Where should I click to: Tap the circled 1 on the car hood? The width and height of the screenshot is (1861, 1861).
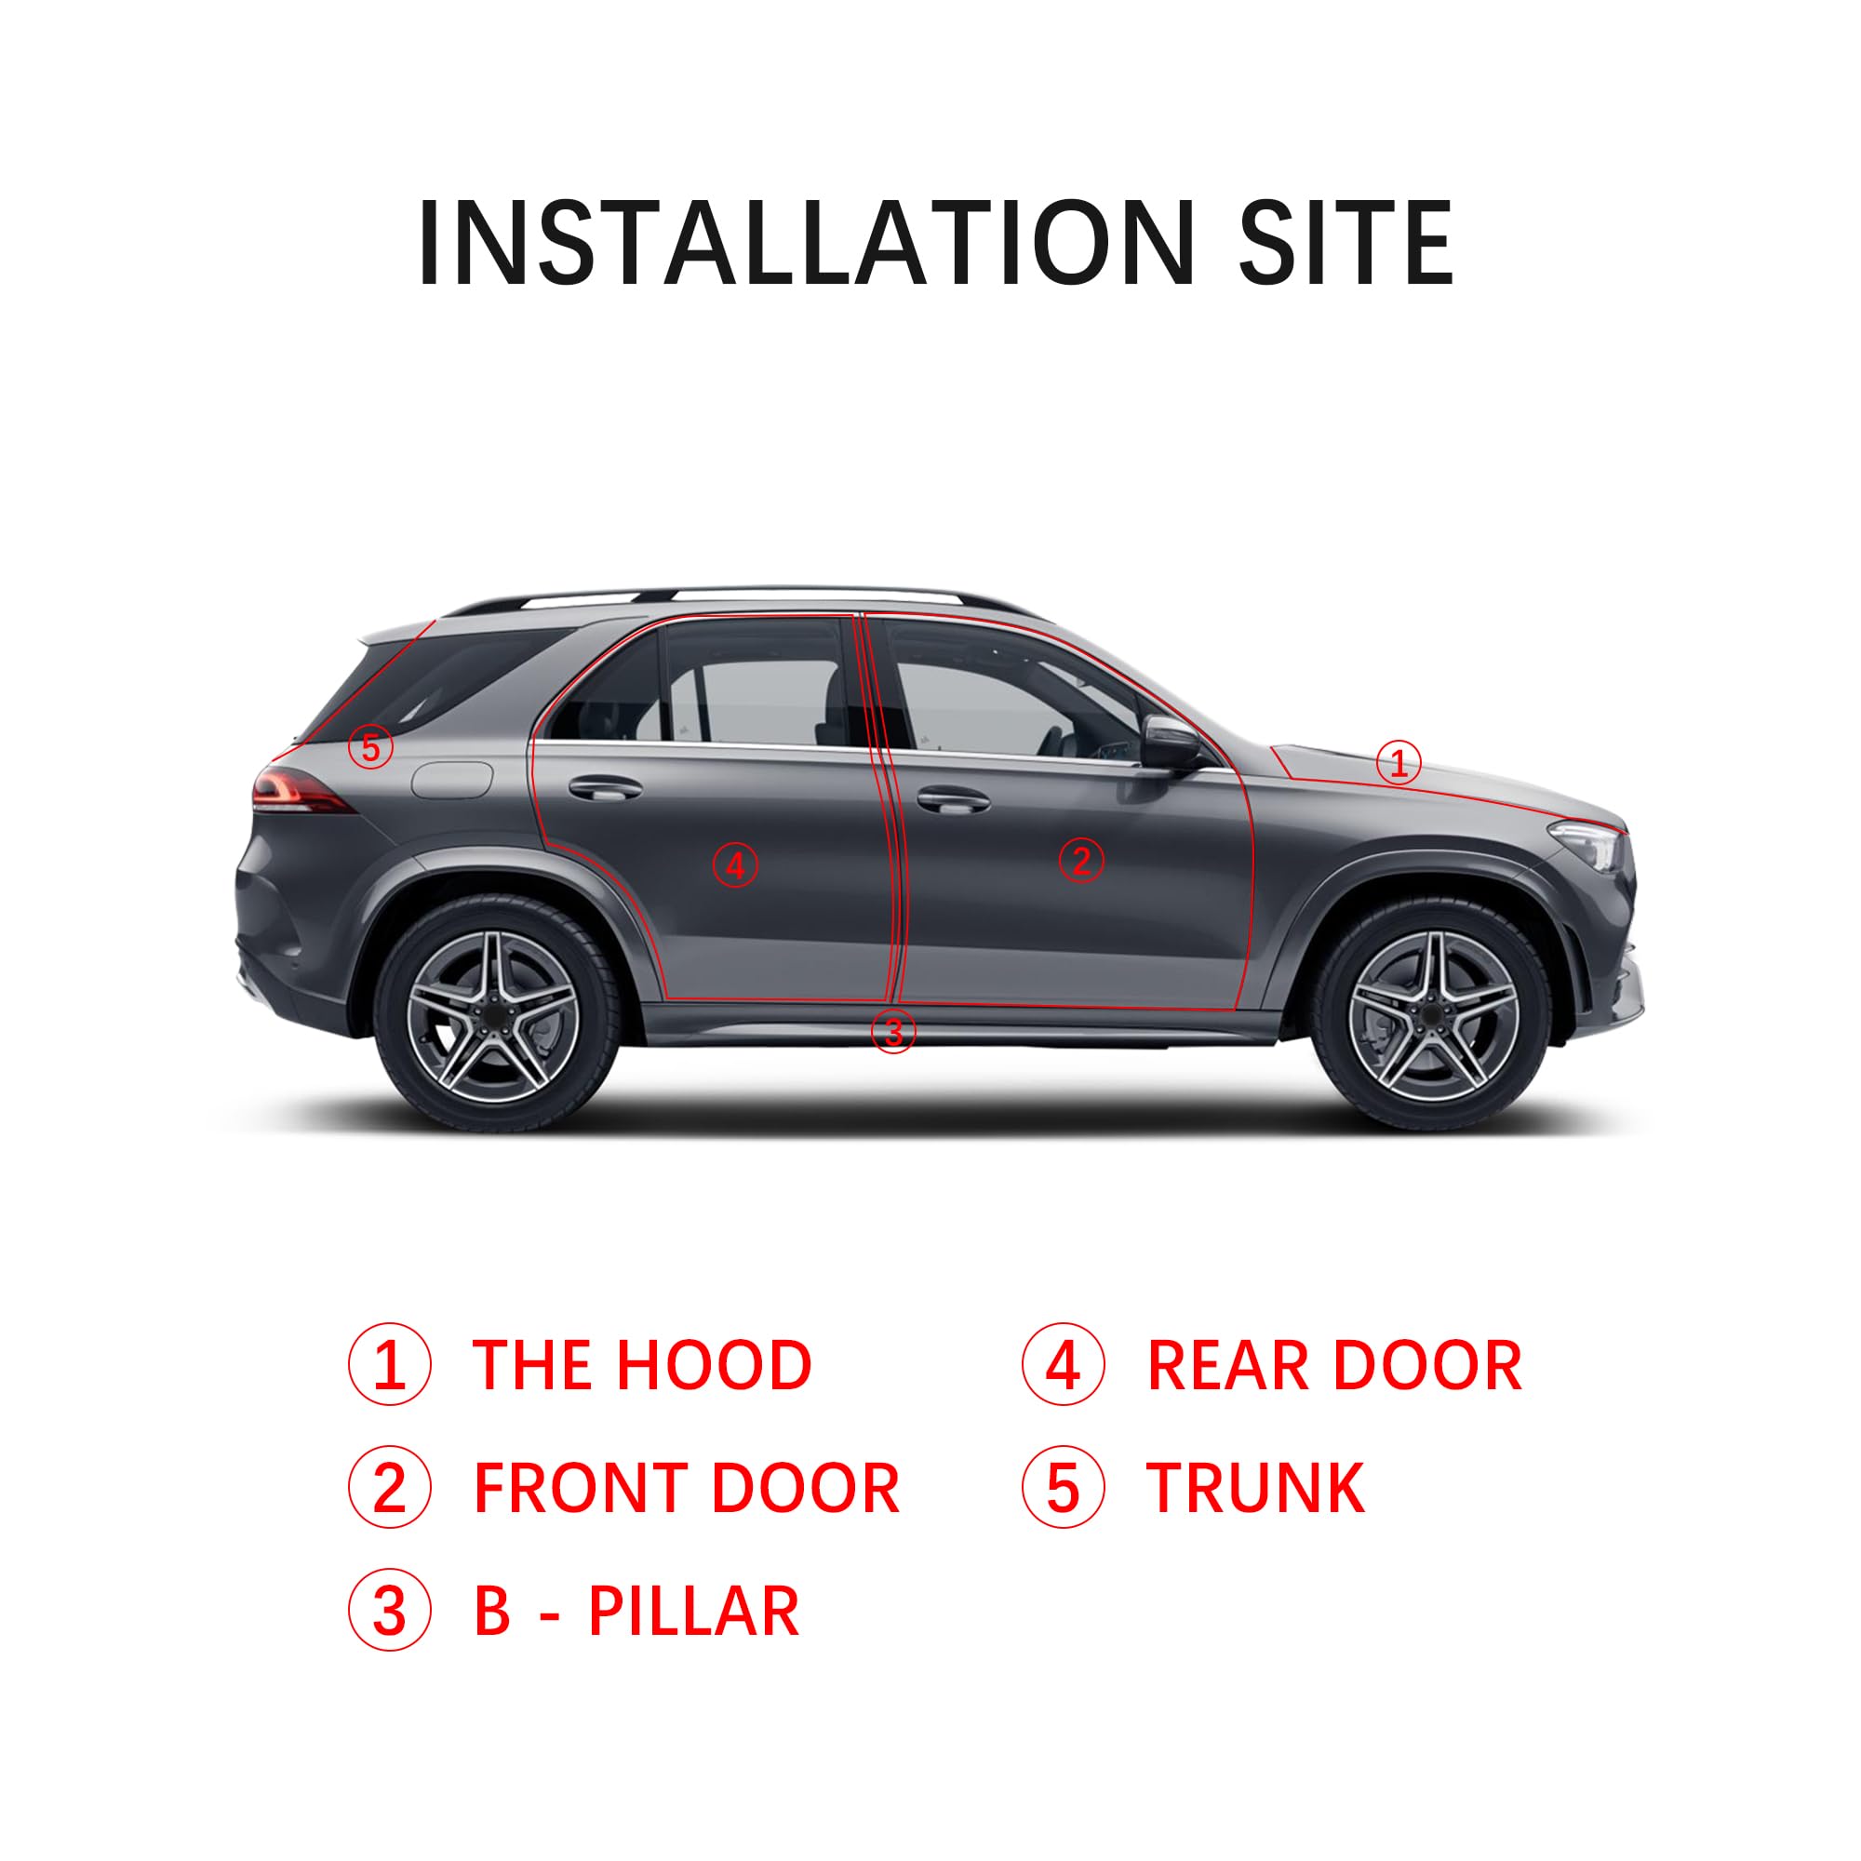[x=1398, y=763]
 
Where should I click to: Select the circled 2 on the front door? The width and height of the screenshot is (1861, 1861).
[x=1080, y=860]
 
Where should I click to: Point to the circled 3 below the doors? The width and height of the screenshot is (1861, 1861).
[x=892, y=1032]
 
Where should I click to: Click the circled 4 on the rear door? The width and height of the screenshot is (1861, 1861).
[x=735, y=865]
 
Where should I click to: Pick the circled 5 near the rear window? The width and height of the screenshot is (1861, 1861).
[x=371, y=746]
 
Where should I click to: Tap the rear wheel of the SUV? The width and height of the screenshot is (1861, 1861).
[x=494, y=1016]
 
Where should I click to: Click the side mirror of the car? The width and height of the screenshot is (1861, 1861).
[x=1171, y=743]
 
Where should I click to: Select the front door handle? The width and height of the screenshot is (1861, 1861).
[x=952, y=798]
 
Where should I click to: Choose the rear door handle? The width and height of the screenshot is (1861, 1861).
[x=605, y=788]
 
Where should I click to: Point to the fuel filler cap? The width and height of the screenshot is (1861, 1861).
[x=452, y=778]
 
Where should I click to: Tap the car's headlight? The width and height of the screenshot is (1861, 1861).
[x=1589, y=844]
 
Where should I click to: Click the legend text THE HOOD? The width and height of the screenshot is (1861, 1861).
[x=641, y=1366]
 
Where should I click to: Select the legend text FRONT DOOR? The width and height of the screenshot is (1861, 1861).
[x=686, y=1488]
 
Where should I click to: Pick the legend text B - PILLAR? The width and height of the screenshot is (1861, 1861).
[x=636, y=1611]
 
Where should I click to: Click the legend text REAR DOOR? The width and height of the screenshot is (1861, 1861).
[x=1333, y=1366]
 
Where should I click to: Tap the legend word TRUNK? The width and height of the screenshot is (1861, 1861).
[x=1254, y=1488]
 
